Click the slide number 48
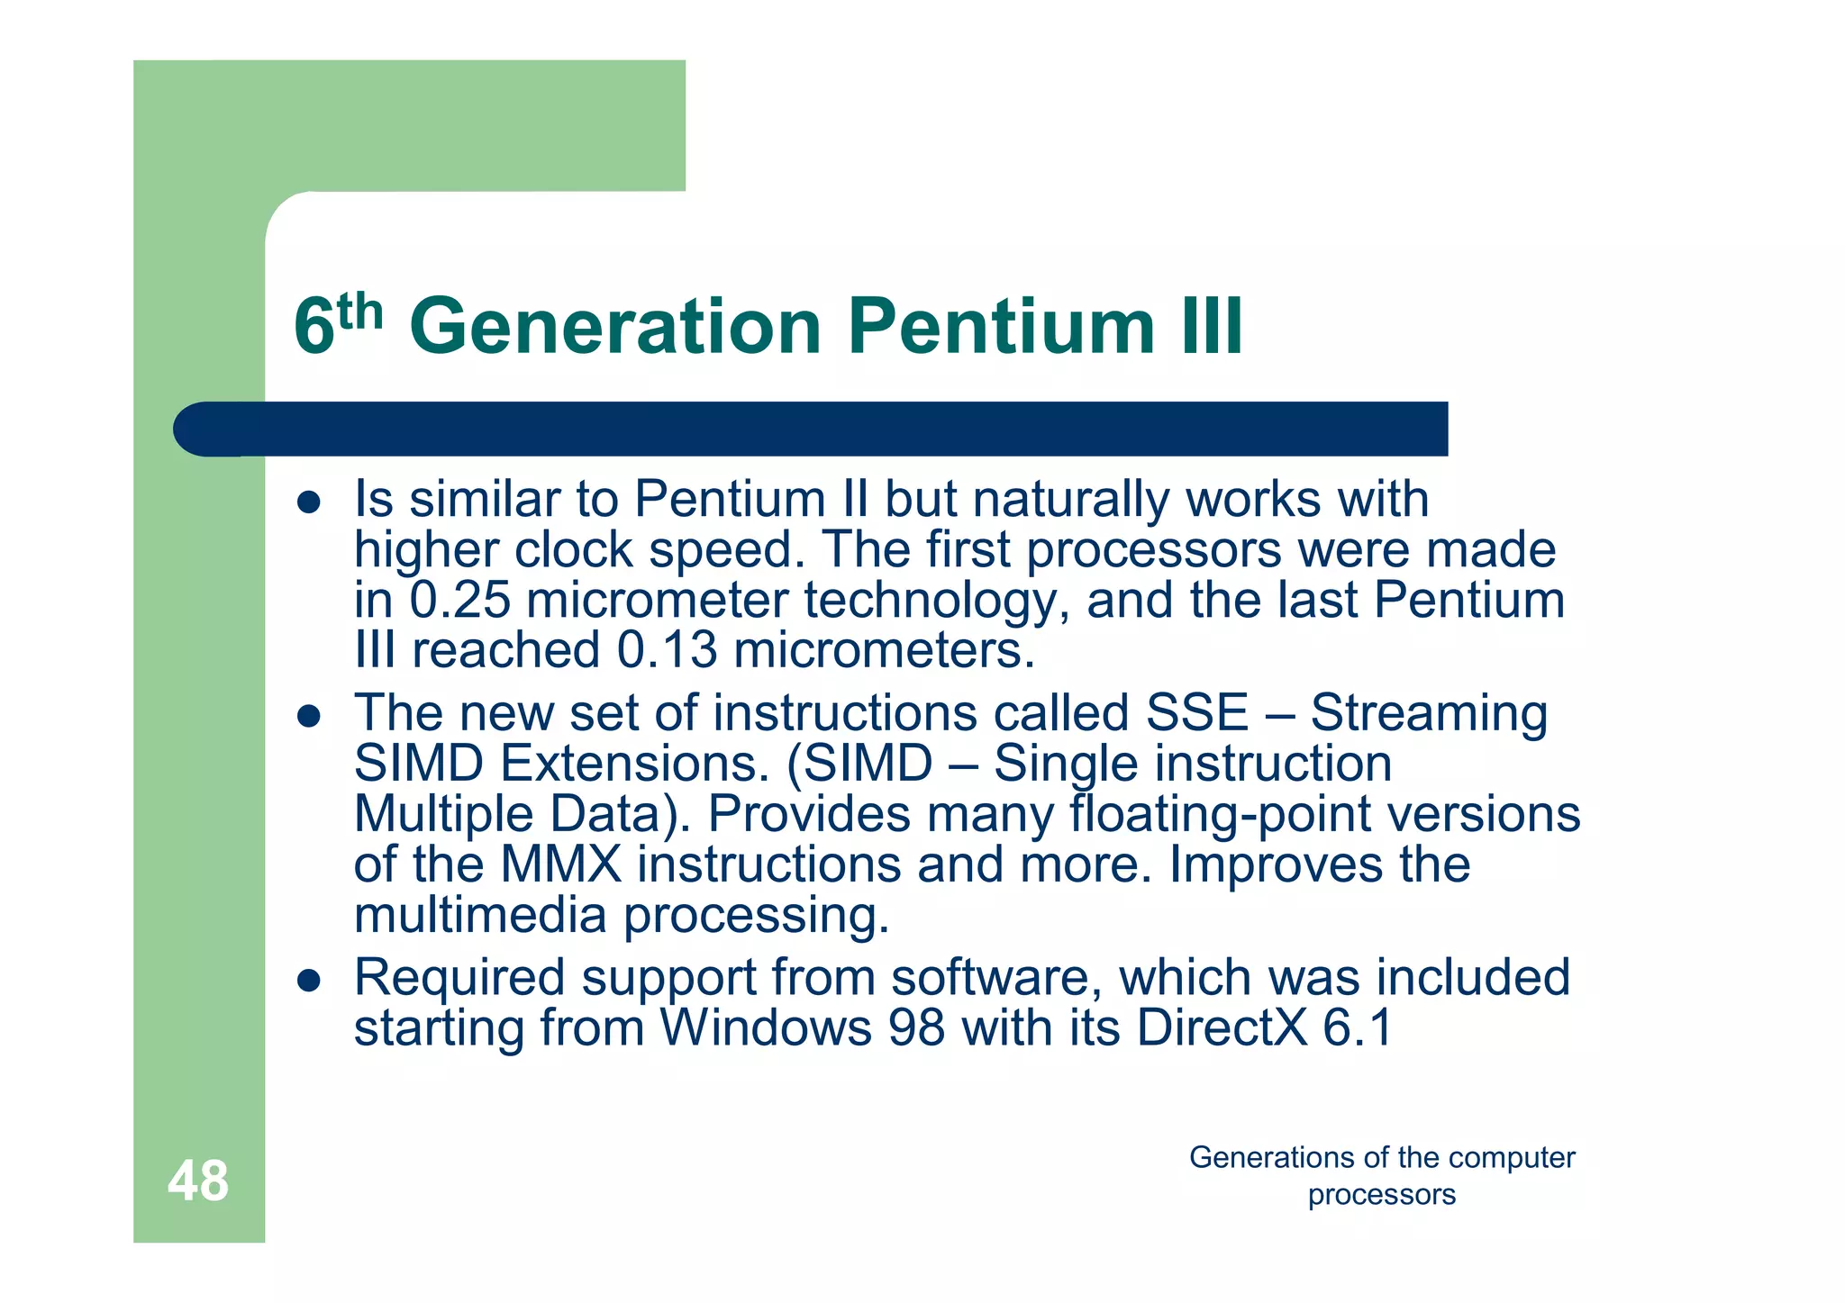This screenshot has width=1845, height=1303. (x=198, y=1181)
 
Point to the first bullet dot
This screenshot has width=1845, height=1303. (x=309, y=502)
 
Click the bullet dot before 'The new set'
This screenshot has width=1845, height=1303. (x=309, y=717)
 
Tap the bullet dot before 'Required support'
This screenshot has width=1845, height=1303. (x=309, y=981)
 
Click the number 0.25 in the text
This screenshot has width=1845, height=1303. (x=459, y=601)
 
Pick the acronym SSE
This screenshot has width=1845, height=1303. (x=1196, y=713)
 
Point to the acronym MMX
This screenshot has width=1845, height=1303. (x=560, y=864)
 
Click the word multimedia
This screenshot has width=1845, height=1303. (x=480, y=916)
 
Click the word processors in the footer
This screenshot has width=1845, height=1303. (x=1381, y=1195)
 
